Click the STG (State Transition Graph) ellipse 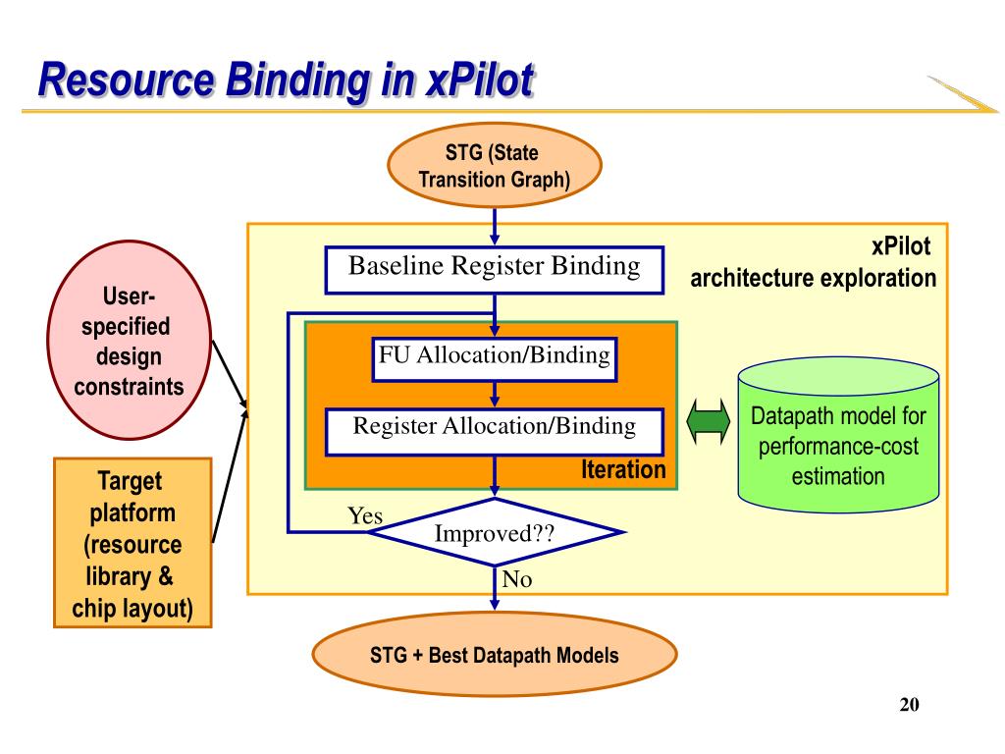coord(495,165)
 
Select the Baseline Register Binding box coord(495,270)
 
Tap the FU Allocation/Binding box coord(495,359)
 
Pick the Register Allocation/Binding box coord(495,432)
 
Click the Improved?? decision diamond coord(495,532)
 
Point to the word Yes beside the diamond coord(365,515)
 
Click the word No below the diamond coord(516,579)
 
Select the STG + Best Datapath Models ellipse coord(495,655)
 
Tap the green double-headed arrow coord(708,421)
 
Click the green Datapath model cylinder coord(838,435)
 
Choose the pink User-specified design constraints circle coord(129,340)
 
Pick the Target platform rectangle coord(132,542)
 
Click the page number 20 coord(909,704)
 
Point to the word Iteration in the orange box coord(623,469)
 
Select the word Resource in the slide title coord(127,81)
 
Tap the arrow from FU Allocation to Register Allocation coord(495,395)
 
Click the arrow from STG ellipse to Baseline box coord(495,227)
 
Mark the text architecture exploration coord(813,278)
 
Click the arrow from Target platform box coord(230,476)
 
